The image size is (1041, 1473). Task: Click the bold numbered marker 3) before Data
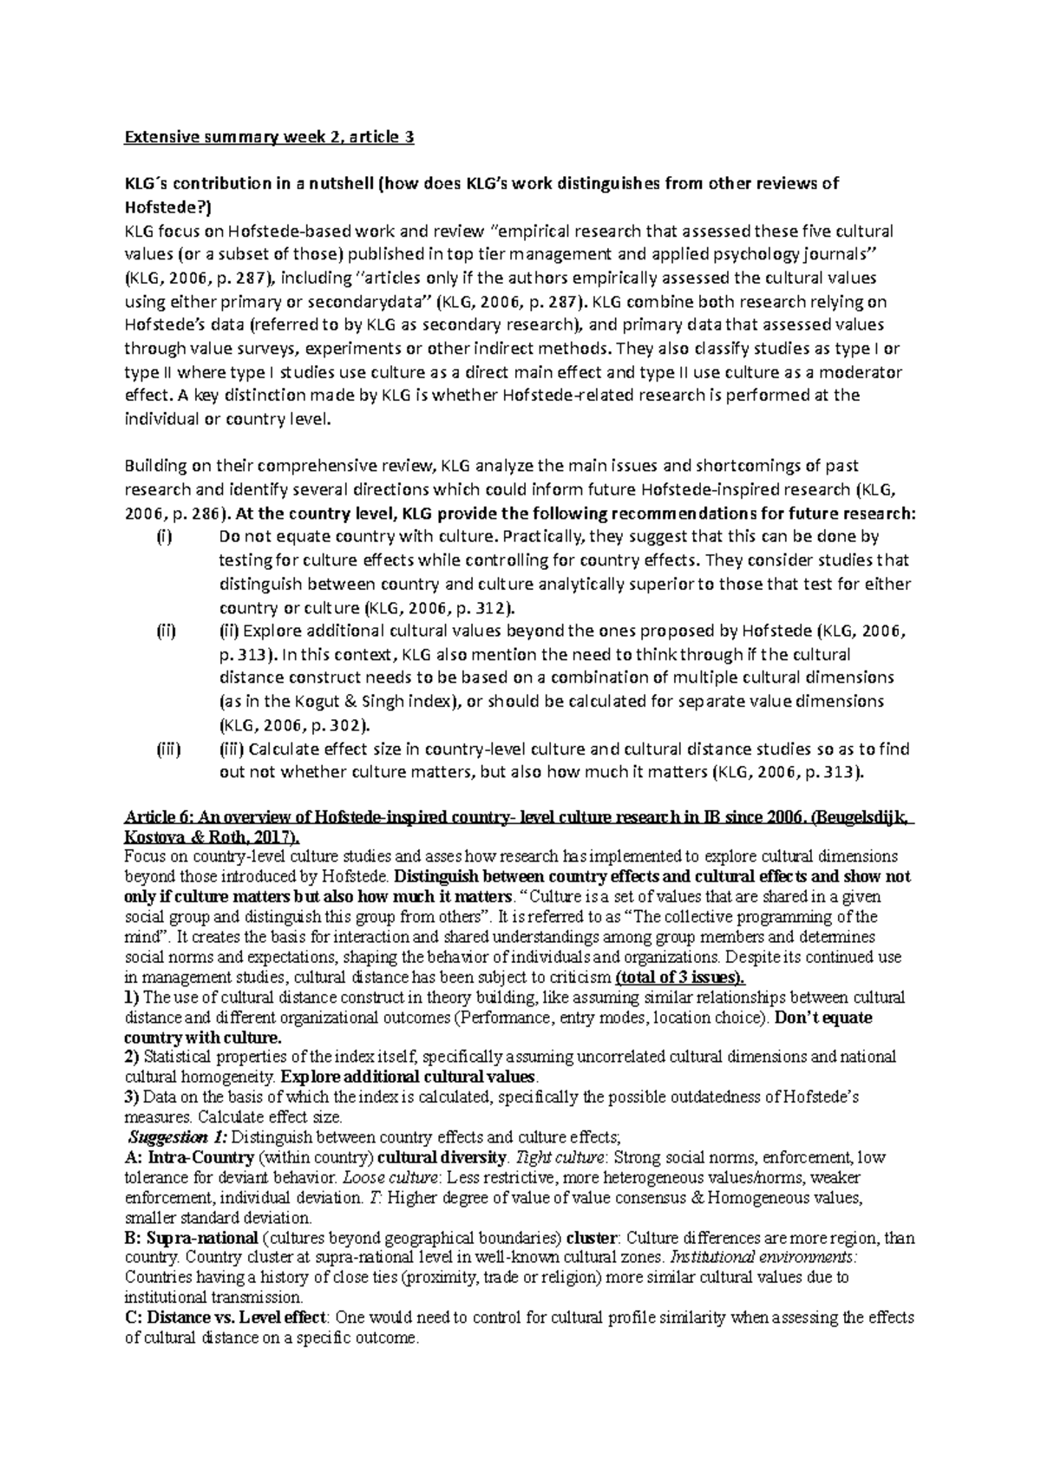pyautogui.click(x=133, y=1097)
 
